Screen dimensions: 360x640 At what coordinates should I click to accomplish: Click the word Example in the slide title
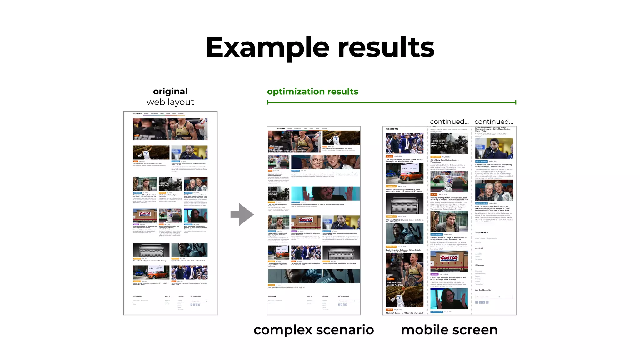coord(267,47)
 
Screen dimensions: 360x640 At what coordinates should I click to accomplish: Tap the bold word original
coord(170,91)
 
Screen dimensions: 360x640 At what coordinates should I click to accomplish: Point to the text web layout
coord(170,102)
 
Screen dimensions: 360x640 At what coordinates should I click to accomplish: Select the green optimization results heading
coord(312,92)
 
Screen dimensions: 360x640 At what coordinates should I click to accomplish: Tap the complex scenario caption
coord(313,330)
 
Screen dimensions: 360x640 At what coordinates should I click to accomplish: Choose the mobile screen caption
coord(449,330)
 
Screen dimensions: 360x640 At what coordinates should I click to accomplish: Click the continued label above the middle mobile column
coord(449,122)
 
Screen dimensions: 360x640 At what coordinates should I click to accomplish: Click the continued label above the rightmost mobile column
coord(494,122)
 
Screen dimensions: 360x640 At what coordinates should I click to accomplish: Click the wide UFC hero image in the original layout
coord(170,129)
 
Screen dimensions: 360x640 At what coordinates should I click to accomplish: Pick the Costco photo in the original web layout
coord(145,216)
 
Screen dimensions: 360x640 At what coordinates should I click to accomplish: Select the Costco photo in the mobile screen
coord(449,261)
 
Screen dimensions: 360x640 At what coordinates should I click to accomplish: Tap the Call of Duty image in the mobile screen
coord(449,144)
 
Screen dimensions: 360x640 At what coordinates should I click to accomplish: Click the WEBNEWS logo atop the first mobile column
coord(392,129)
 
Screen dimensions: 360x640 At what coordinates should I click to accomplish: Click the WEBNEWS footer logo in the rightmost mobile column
coord(481,232)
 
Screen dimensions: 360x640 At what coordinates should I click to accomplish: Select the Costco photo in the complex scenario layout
coord(306,222)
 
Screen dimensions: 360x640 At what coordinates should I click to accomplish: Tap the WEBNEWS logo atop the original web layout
coord(137,114)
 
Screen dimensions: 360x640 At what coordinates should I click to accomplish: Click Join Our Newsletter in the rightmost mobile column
coord(483,290)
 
